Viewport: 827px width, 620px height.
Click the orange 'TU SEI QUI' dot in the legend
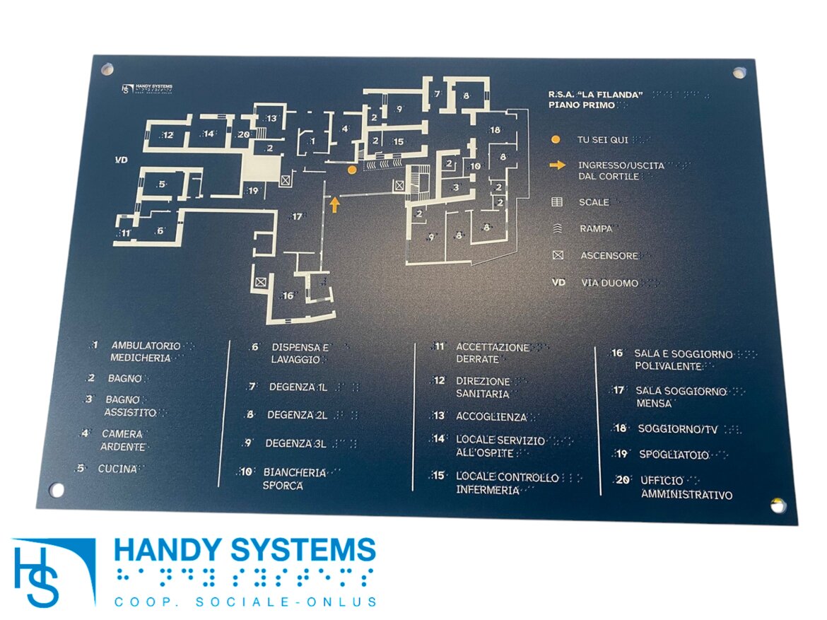[x=556, y=139]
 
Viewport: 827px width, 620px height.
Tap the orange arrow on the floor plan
[x=335, y=205]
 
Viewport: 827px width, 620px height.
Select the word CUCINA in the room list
[x=117, y=469]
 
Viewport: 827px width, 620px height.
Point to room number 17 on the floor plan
[x=297, y=216]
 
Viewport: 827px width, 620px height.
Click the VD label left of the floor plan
[x=122, y=160]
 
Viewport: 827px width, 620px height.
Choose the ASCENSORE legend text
[x=609, y=255]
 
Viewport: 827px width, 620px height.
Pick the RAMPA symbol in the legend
[x=557, y=228]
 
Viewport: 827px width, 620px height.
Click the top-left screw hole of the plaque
[x=108, y=69]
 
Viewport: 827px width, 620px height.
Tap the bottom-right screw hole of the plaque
[x=778, y=505]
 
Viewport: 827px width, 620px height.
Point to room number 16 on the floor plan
[x=288, y=296]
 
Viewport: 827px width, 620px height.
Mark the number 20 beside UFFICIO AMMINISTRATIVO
[x=623, y=480]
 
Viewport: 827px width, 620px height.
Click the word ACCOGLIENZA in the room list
[x=491, y=416]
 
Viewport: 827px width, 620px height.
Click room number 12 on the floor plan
[x=168, y=135]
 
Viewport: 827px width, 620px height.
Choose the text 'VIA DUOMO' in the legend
[x=610, y=283]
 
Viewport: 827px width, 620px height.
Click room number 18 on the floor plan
[x=495, y=129]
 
